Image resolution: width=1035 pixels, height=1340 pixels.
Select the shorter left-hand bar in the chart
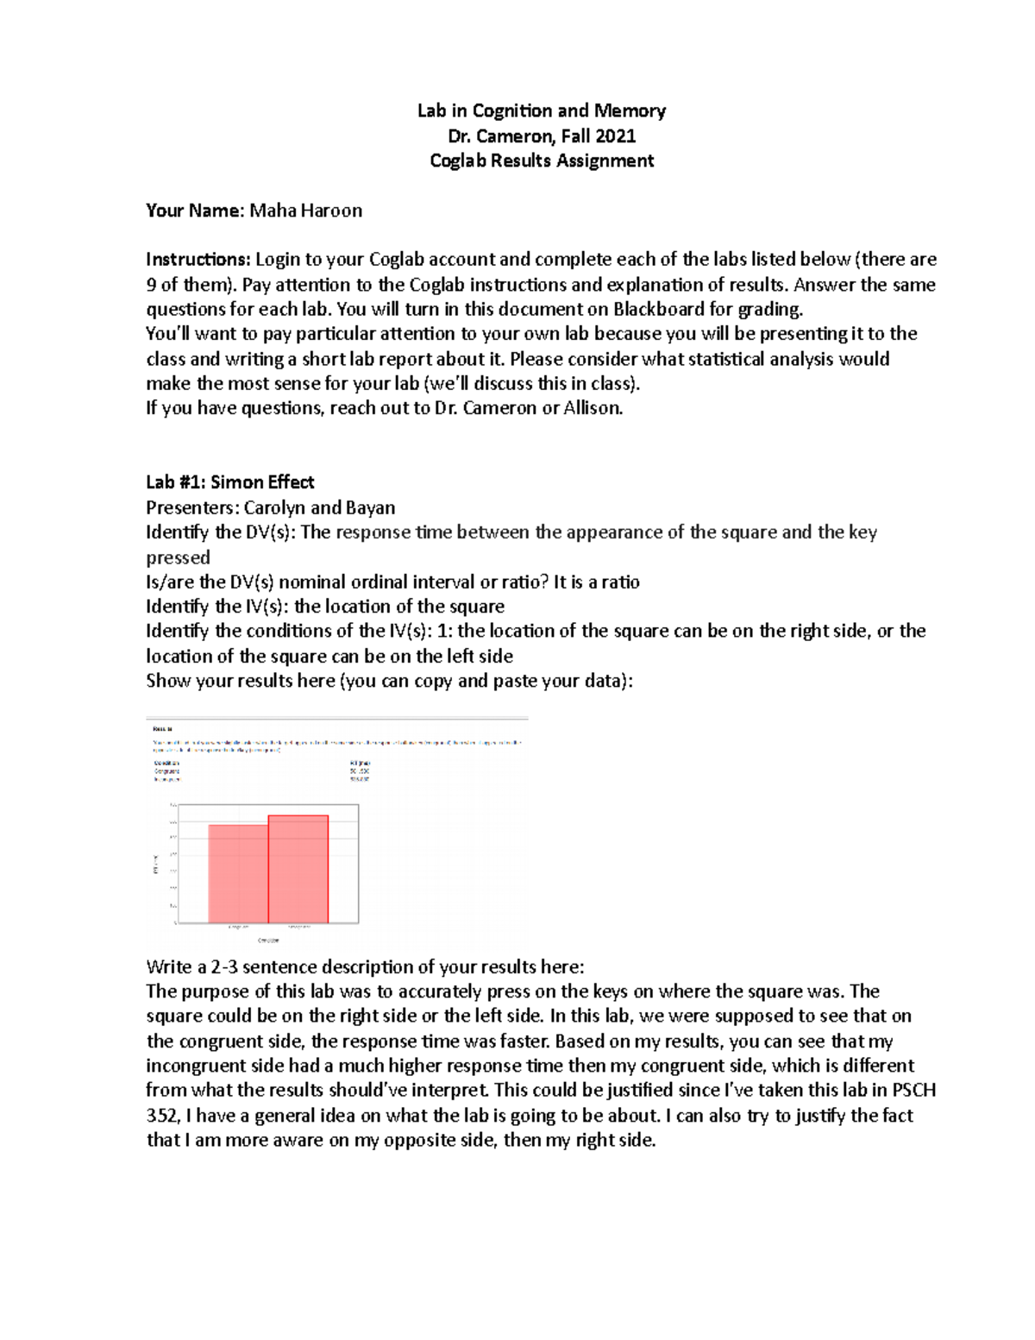238,873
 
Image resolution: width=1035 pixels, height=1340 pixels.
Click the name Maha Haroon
306,211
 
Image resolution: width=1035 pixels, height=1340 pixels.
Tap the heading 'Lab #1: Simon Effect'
229,482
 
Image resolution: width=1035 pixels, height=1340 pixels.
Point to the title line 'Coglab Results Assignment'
542,160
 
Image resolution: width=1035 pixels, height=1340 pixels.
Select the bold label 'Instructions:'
198,260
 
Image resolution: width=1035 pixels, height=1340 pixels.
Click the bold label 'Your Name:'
196,211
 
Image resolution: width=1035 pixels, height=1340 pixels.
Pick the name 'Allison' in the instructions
591,408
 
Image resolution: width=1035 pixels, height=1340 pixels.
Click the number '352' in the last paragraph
161,1116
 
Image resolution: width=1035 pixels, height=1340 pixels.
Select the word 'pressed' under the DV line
178,557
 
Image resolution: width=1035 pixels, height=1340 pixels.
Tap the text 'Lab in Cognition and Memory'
542,110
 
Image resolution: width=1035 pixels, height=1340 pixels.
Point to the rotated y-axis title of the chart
155,864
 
